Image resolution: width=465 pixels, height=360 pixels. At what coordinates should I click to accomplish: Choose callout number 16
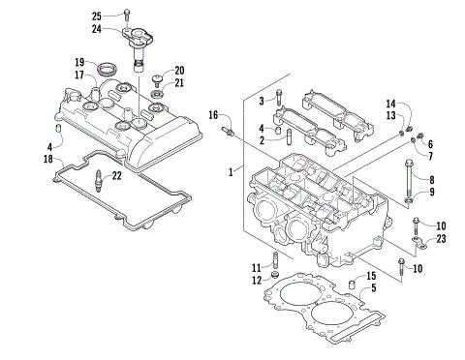coord(212,115)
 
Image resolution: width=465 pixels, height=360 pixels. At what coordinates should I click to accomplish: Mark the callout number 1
coord(230,171)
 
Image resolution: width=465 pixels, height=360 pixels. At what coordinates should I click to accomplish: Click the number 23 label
coord(443,238)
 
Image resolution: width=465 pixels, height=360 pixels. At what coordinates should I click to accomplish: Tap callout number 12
coord(258,280)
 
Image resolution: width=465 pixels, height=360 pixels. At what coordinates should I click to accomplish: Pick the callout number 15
coord(372,277)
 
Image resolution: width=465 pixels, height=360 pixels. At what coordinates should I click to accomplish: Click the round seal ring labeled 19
coord(108,68)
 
